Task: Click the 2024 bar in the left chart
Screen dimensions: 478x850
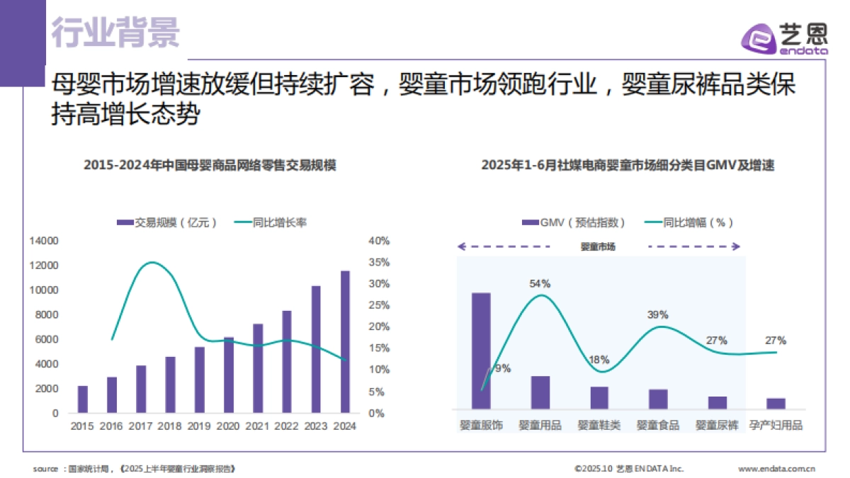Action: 345,341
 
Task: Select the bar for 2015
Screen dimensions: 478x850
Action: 83,399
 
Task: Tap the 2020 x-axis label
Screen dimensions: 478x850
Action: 228,426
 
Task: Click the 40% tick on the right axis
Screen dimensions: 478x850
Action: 379,241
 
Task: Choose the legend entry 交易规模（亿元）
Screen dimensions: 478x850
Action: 166,222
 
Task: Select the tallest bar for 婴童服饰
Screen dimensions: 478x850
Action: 481,351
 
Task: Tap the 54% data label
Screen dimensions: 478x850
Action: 540,283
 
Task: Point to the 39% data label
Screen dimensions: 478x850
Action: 657,314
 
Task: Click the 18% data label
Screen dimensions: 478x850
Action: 599,359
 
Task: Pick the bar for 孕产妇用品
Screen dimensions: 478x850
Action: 776,403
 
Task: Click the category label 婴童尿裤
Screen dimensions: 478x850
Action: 717,425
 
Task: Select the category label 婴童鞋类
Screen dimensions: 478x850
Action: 599,425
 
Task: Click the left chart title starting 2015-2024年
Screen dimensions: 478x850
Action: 210,165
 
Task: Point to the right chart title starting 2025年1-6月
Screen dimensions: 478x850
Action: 628,165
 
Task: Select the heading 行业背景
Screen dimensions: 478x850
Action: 117,32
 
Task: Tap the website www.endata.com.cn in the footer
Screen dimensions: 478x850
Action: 776,468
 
